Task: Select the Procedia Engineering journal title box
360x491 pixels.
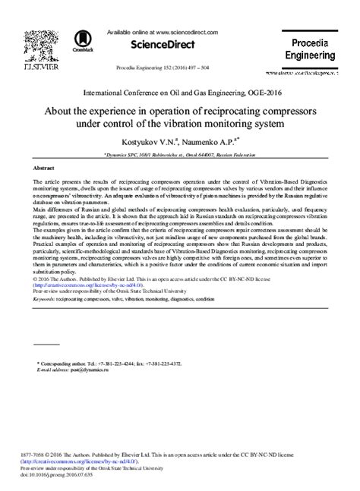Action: [x=309, y=49]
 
